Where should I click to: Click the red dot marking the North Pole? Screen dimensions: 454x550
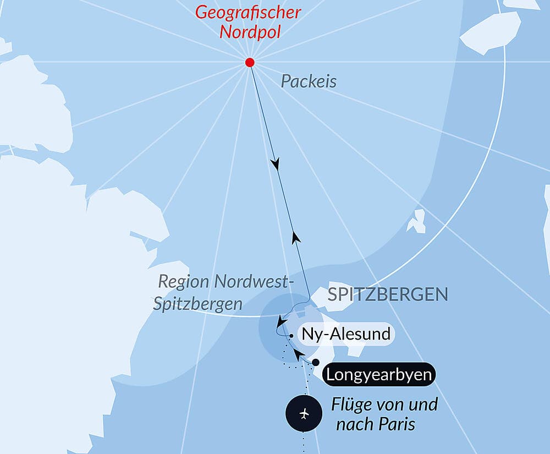250,62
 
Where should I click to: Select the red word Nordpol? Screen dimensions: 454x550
250,31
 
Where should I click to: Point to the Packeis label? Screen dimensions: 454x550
309,81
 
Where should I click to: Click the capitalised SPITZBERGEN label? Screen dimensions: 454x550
388,294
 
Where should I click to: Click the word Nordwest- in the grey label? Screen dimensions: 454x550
251,282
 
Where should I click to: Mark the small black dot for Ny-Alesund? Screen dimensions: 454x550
290,334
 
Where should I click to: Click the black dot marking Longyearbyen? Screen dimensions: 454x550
316,362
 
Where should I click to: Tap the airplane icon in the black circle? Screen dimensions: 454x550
304,413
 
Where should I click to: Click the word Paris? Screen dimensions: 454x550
397,424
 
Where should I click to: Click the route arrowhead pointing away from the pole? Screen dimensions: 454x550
275,164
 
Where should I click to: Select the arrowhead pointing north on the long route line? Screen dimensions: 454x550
296,237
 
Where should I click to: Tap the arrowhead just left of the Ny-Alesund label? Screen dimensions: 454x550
281,321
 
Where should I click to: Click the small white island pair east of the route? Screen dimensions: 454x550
416,221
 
